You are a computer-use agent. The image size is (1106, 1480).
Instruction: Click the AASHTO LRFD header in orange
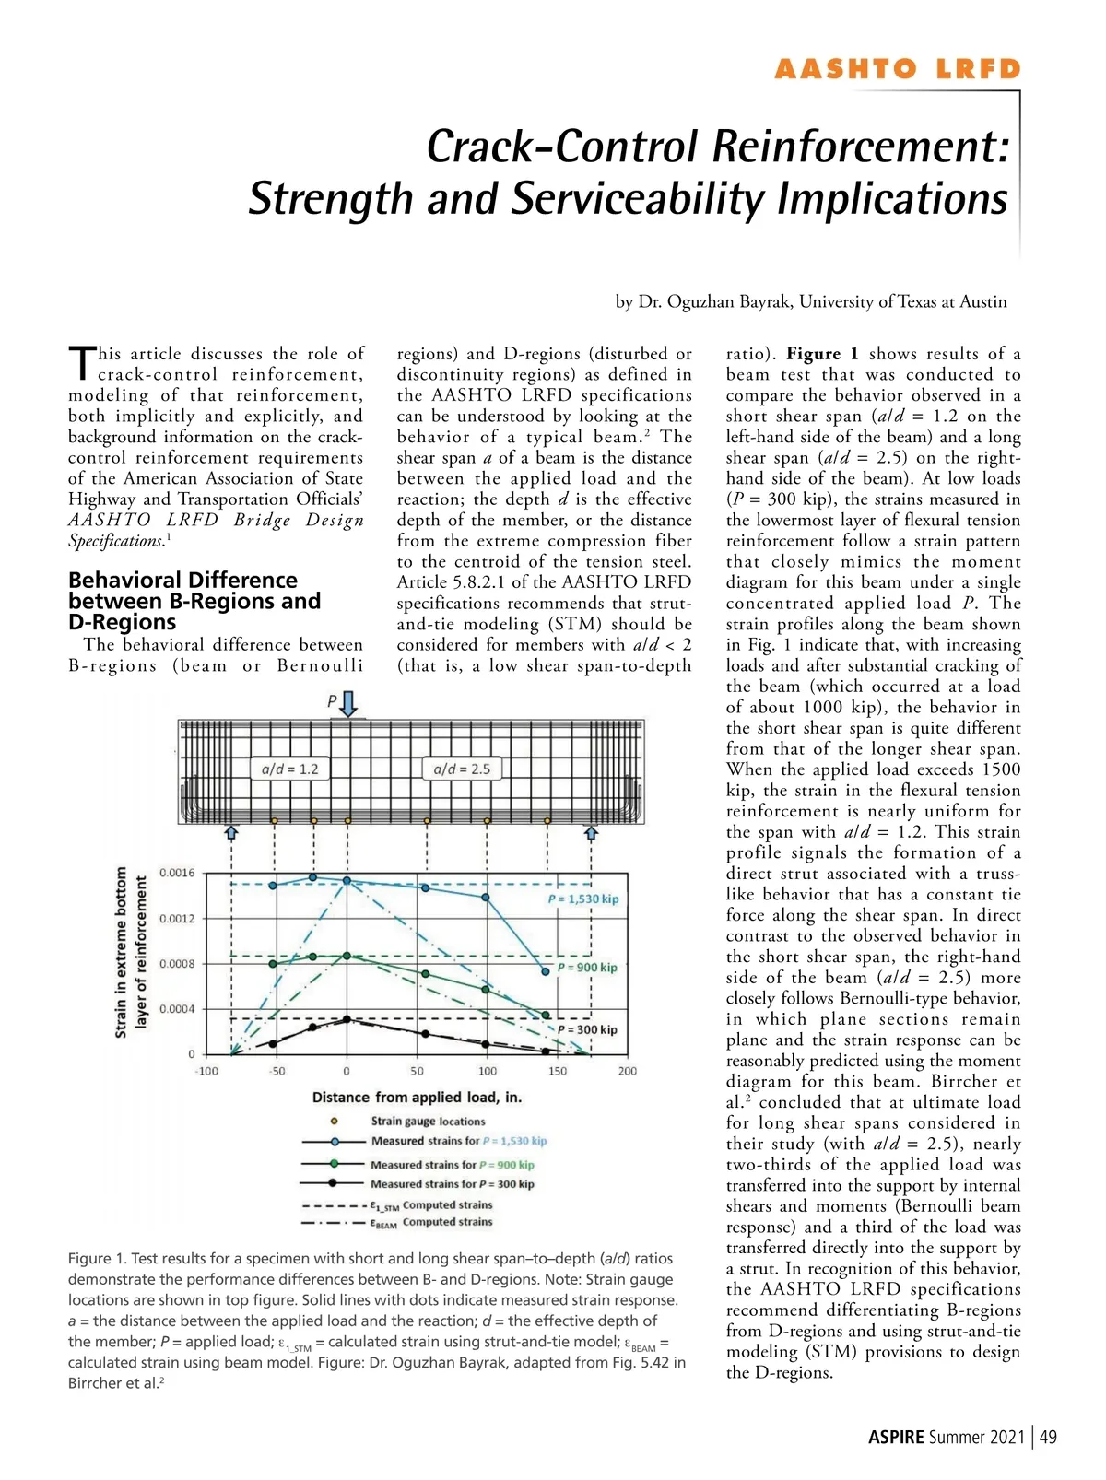coord(897,70)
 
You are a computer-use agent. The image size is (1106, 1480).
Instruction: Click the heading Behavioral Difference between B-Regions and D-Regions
coord(194,601)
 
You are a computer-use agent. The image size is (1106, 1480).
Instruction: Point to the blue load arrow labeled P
coord(348,704)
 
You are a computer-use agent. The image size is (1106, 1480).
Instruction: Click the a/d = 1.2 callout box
coord(290,769)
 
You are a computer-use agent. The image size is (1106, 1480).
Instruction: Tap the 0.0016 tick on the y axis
coord(177,873)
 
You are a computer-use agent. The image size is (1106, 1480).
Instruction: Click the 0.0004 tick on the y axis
coord(177,1009)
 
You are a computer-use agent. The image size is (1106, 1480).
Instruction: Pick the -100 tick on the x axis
coord(206,1072)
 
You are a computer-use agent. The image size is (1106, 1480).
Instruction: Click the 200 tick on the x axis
coord(628,1072)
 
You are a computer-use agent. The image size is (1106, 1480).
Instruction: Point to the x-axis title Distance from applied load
coord(417,1098)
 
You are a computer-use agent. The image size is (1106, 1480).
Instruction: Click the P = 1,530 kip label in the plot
coord(583,899)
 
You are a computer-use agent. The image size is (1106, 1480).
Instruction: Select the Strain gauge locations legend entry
coord(428,1122)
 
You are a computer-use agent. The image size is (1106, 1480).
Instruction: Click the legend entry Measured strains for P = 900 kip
coord(452,1165)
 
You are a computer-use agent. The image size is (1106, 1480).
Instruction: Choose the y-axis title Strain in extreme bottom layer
coord(130,952)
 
